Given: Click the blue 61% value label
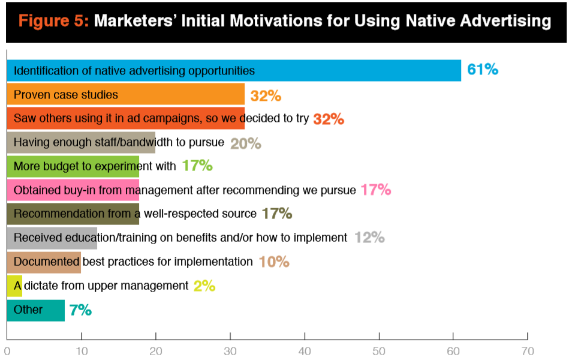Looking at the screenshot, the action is pos(483,70).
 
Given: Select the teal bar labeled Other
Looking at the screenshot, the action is pos(36,310).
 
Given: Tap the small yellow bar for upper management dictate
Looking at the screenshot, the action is pos(14,286).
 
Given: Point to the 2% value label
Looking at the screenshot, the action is pos(204,286).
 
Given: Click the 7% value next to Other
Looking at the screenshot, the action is pos(80,310).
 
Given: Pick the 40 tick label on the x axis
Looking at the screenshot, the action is pos(305,351).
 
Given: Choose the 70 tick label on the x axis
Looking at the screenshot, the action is pos(528,351).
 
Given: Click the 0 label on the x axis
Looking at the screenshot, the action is pos(7,351).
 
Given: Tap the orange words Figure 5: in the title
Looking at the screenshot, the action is pos(53,21).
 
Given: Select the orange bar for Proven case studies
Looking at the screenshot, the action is pos(126,94).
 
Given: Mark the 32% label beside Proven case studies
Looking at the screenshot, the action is pos(266,96).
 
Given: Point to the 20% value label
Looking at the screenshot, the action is pos(245,143).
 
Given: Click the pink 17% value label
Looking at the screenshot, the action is pos(376,190).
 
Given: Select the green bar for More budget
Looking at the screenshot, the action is pos(73,166).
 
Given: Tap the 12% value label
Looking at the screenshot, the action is pos(369,238).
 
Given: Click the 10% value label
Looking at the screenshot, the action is pos(274,262).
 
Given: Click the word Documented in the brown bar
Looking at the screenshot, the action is pos(47,262).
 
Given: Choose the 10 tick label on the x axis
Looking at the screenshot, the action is pos(82,351).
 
